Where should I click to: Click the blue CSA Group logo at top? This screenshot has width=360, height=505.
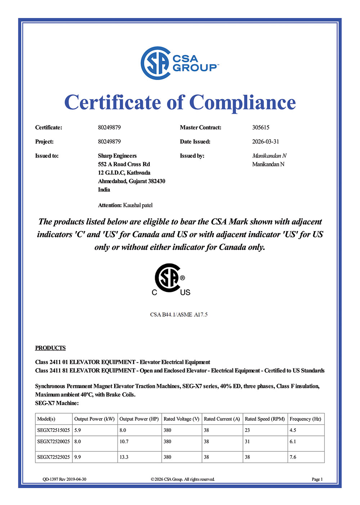(x=179, y=63)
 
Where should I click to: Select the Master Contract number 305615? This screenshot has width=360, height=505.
(x=261, y=128)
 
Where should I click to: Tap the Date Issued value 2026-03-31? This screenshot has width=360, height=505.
(x=265, y=142)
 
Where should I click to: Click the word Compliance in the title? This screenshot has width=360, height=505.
(x=242, y=102)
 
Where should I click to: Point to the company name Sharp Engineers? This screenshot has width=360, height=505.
(x=117, y=156)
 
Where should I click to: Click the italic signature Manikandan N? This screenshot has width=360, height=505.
(x=269, y=156)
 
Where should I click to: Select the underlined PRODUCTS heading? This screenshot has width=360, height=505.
(x=50, y=348)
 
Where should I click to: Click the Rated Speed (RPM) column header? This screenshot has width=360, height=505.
(x=265, y=419)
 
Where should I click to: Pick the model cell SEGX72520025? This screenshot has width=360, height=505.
(x=54, y=441)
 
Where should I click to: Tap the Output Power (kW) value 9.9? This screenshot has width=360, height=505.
(x=77, y=457)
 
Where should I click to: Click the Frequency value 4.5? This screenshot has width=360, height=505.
(x=293, y=430)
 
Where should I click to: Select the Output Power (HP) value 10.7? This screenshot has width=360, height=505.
(x=124, y=441)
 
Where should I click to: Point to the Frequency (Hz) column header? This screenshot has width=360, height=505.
(x=305, y=419)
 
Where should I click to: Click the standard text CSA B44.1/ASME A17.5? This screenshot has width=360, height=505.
(x=179, y=314)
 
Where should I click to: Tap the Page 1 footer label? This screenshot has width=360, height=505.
(x=317, y=479)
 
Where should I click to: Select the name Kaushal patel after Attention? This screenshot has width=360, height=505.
(x=138, y=205)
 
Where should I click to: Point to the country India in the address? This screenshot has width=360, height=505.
(x=104, y=189)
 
